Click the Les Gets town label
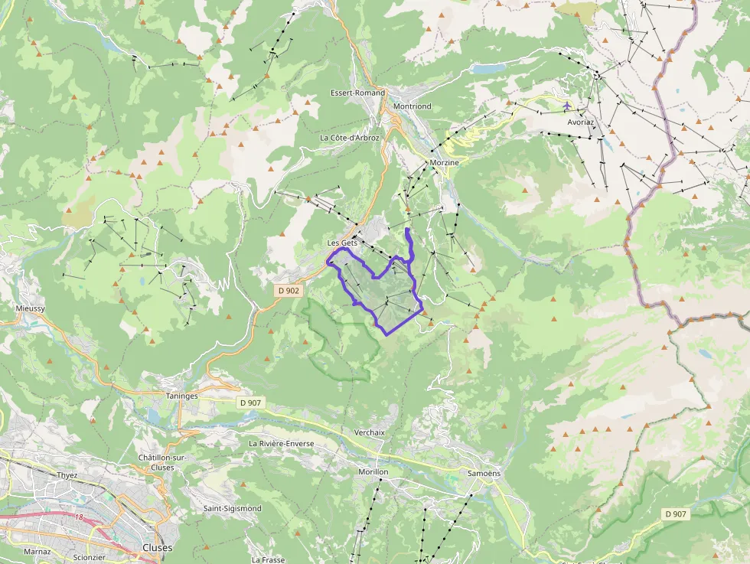[342, 243]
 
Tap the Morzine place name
[444, 163]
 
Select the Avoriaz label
[581, 122]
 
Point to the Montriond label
[412, 106]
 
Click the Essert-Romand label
[357, 93]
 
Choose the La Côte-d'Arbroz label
[349, 138]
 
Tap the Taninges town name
[181, 396]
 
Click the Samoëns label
[484, 473]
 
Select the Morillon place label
[373, 472]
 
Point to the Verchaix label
[369, 432]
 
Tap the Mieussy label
[31, 308]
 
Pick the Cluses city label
[158, 548]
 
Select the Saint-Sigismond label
[232, 508]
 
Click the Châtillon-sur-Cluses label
[164, 462]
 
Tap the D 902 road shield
[289, 291]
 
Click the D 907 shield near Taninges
[249, 403]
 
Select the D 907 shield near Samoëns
[676, 514]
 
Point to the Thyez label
[67, 474]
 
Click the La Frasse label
[268, 560]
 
